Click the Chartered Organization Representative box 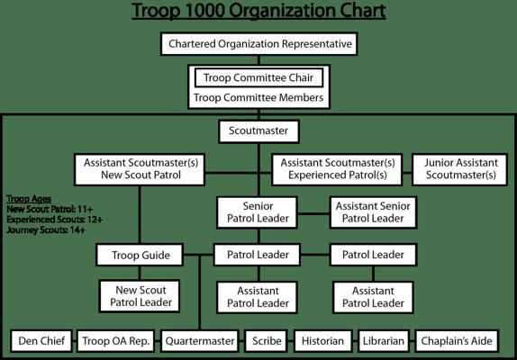coord(259,44)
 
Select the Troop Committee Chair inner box coord(258,77)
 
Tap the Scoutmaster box coord(258,131)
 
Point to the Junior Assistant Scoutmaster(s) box coord(460,169)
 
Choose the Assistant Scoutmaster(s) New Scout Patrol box coord(140,169)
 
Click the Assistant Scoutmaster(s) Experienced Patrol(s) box coord(337,169)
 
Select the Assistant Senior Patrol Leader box coord(373,212)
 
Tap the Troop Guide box coord(140,255)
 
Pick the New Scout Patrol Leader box coord(140,296)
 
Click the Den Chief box coord(41,341)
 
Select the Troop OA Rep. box coord(116,341)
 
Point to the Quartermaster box coord(200,341)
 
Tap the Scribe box coord(267,341)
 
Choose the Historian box coord(322,341)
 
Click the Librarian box coord(384,341)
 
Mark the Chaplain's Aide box coord(457,341)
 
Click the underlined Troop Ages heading coord(29,199)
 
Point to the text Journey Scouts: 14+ coord(46,229)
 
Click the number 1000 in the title coord(204,11)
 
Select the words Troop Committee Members coord(258,98)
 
